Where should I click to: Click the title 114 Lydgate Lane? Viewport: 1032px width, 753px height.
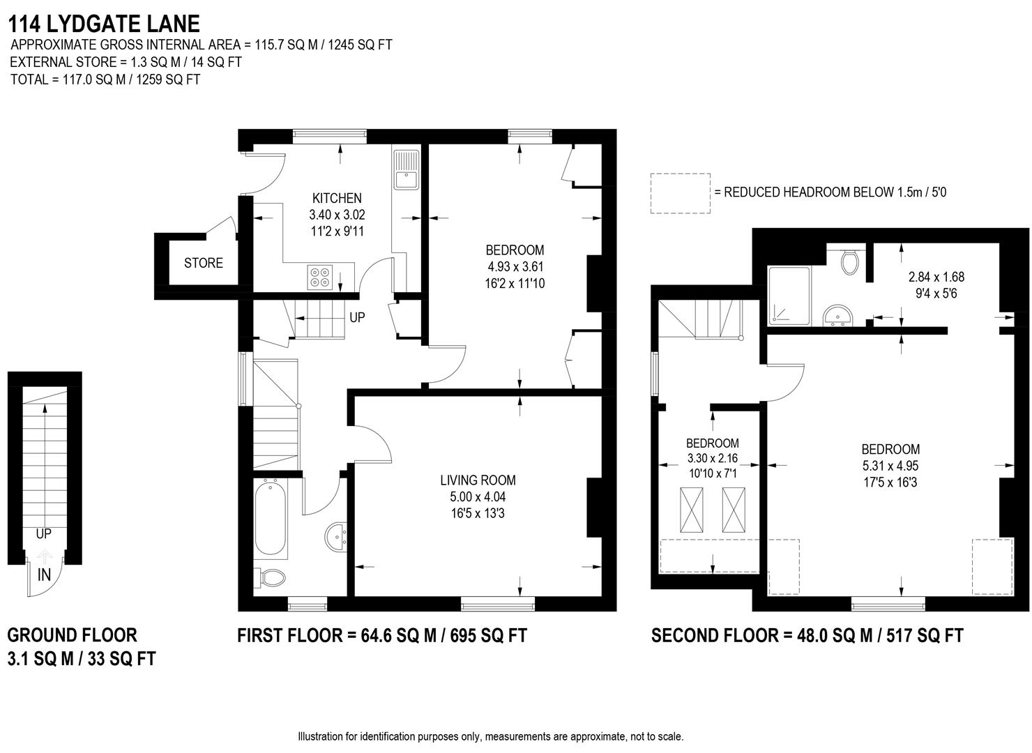pos(104,24)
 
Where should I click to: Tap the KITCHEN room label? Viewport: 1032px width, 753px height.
pos(337,198)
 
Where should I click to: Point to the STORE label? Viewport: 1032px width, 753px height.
pos(204,263)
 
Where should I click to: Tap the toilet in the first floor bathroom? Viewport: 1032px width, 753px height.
pos(273,578)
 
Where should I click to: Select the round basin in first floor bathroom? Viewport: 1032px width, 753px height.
pos(337,536)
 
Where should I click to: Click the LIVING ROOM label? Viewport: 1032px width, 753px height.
pos(478,480)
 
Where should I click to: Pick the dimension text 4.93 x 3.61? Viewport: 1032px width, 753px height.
pos(515,266)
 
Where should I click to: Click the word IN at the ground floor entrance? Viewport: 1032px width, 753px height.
pos(44,575)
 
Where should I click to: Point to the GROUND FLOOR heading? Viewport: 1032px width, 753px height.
pos(72,634)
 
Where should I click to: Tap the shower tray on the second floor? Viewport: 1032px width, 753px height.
pos(789,296)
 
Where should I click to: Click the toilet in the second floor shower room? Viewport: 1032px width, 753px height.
pos(849,261)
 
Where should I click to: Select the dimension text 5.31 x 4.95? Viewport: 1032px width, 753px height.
pos(890,466)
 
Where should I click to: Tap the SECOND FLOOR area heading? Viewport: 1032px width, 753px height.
pos(807,635)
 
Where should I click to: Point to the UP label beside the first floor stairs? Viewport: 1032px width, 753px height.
pos(357,317)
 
